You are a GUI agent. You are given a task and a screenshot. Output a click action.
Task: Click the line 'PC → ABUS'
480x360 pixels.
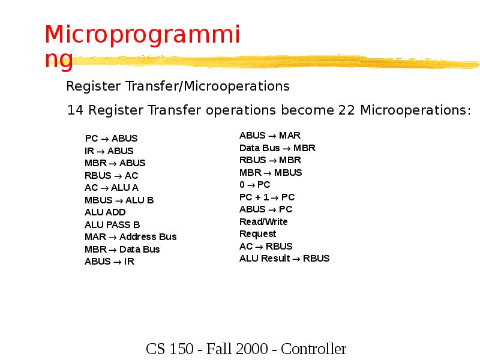tap(111, 139)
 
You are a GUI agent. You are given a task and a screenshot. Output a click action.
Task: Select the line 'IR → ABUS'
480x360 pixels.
tap(109, 151)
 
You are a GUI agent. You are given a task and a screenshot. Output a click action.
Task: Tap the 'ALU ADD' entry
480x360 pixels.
tap(105, 212)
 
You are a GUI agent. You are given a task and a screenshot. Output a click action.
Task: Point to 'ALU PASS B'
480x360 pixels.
tap(112, 225)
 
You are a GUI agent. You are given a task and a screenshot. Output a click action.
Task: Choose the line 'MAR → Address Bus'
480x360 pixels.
tap(130, 237)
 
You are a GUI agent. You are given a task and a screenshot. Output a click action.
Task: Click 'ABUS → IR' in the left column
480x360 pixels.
tap(109, 262)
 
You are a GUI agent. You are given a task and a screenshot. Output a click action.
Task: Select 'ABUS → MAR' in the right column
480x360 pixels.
tap(269, 136)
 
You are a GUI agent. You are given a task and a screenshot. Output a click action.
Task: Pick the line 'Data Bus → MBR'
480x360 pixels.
tap(277, 148)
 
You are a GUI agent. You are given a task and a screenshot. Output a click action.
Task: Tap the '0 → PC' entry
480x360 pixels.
tap(254, 185)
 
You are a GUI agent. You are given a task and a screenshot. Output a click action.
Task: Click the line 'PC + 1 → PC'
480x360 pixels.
tap(267, 197)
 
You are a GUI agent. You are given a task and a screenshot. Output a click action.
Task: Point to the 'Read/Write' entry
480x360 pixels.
tap(263, 222)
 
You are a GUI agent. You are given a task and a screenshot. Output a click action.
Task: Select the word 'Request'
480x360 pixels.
tap(257, 234)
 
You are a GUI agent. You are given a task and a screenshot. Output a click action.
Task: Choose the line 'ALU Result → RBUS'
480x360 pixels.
tap(284, 259)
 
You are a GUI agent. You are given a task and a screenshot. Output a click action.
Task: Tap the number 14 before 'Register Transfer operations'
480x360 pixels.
tap(74, 111)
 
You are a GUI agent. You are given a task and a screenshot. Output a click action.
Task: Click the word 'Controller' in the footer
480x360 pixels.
tap(314, 349)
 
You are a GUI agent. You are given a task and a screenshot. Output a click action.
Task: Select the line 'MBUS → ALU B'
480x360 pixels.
tap(119, 200)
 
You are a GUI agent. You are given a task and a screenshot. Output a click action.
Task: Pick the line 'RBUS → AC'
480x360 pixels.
tap(111, 176)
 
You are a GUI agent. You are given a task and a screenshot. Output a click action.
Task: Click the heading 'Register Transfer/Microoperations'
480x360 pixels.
tap(178, 86)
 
